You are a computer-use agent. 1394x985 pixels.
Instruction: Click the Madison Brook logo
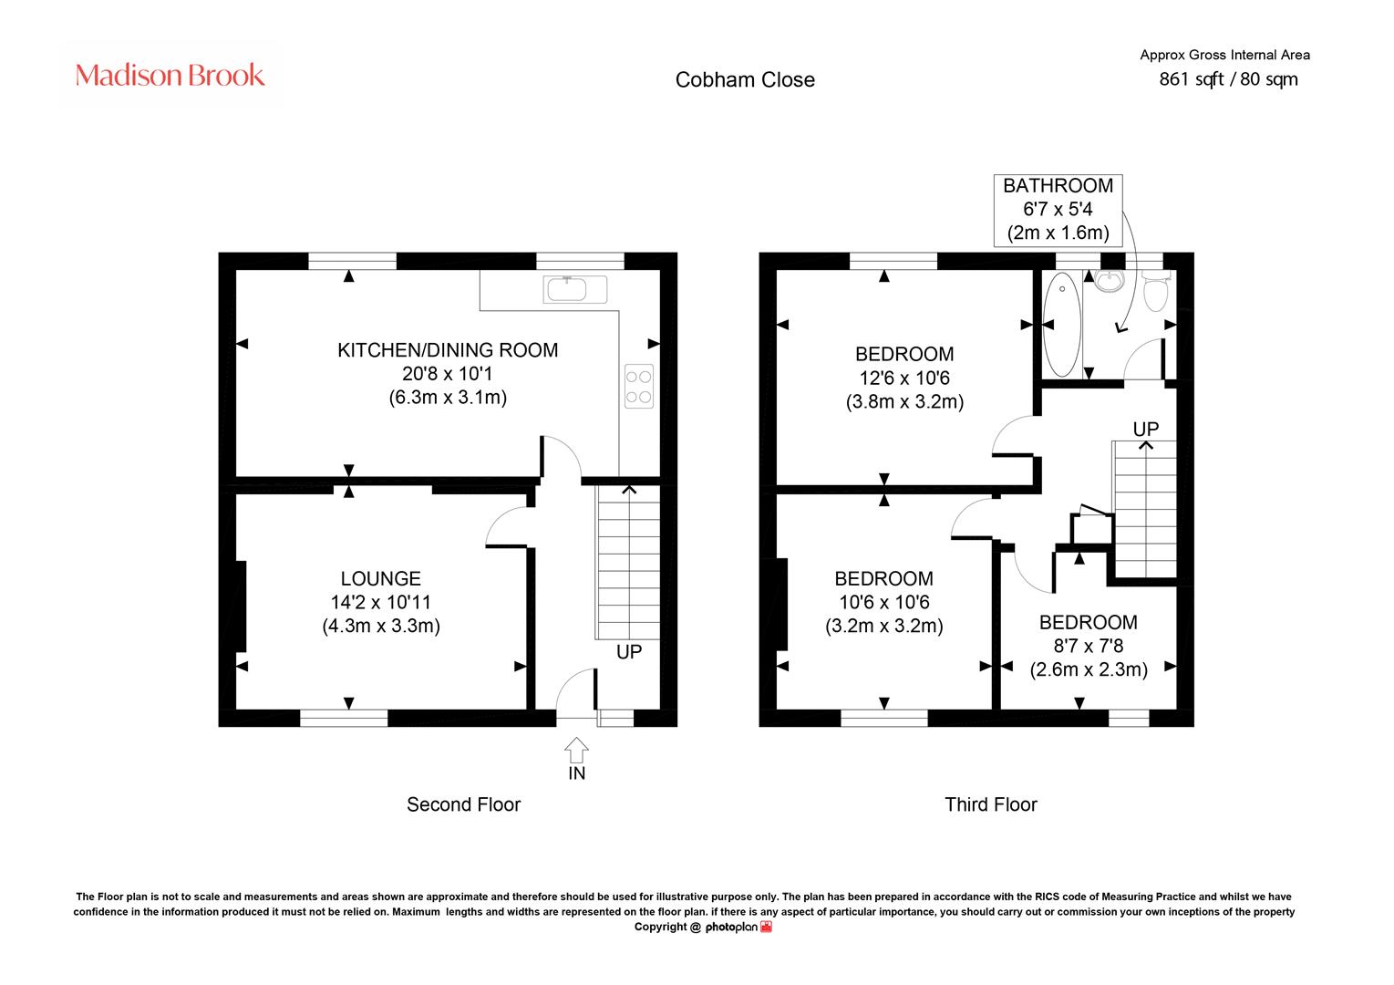(170, 75)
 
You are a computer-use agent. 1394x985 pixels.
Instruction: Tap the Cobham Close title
(745, 79)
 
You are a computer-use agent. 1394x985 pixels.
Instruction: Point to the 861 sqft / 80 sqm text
(1228, 79)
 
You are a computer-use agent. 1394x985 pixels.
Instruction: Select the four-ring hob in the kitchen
(639, 386)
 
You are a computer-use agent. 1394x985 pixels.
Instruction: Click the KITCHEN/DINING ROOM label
(448, 350)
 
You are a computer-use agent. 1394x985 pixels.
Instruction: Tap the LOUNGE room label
(381, 578)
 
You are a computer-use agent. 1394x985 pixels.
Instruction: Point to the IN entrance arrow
(576, 750)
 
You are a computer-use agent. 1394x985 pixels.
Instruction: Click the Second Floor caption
(464, 804)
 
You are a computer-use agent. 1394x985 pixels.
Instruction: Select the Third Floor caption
(991, 804)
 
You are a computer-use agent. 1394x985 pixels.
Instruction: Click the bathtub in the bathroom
(1061, 325)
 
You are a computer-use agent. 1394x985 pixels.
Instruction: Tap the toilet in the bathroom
(1156, 290)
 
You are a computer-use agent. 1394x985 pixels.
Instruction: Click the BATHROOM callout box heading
(1058, 185)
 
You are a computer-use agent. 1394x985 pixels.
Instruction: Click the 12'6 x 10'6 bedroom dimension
(904, 378)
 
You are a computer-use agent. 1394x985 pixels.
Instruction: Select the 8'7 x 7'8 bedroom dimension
(1089, 646)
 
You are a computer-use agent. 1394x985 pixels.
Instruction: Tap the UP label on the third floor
(1146, 429)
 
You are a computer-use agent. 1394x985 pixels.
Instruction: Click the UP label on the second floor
(628, 652)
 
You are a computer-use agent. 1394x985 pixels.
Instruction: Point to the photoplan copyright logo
(738, 928)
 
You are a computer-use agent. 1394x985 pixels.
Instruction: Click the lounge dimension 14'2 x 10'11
(381, 602)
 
